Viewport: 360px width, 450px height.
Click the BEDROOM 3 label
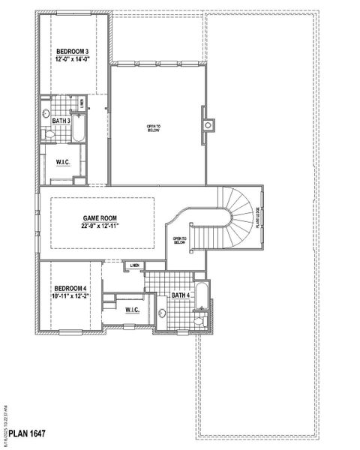72,52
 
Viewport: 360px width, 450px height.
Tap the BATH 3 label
61,121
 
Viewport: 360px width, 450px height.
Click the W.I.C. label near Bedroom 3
63,162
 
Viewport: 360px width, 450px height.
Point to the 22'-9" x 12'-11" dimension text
100,226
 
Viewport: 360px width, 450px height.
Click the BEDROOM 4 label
70,289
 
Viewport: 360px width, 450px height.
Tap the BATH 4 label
181,295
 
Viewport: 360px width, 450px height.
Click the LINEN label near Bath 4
135,265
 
